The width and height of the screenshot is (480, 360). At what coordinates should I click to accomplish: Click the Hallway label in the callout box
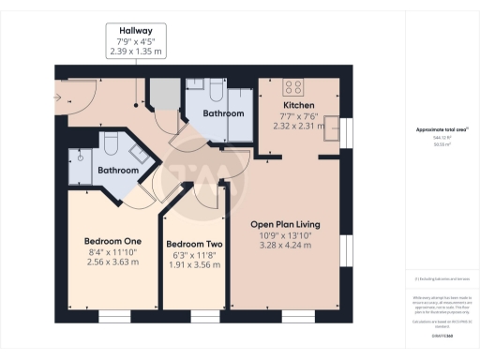(x=137, y=30)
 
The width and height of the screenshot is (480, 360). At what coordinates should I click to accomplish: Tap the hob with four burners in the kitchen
(x=291, y=85)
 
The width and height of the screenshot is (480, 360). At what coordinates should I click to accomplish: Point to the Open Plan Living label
(x=286, y=224)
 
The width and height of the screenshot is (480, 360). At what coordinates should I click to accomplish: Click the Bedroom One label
(x=106, y=240)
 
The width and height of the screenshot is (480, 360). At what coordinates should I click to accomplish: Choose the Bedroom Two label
(x=195, y=244)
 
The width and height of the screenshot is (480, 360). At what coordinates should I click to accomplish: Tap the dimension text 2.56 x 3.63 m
(x=106, y=262)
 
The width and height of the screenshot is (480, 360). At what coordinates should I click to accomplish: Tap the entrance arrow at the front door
(x=62, y=96)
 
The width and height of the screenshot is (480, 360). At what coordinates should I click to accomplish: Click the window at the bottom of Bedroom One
(x=113, y=316)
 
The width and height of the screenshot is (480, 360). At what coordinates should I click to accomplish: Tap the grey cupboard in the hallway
(x=162, y=95)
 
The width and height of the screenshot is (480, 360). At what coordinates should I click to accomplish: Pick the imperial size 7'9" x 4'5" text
(x=137, y=41)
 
